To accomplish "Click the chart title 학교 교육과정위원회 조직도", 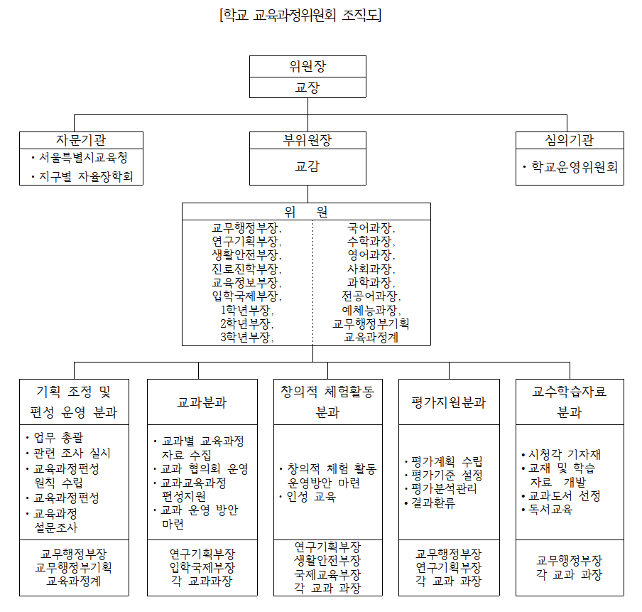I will point(301,15).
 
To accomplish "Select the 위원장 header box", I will point(308,66).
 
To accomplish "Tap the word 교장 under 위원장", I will point(308,87).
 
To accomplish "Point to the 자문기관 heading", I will point(81,139).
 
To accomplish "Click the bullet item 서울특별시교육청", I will point(83,157).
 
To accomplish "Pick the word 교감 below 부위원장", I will point(308,167).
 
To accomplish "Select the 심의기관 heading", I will point(570,139).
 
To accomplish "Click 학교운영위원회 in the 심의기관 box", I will point(574,168).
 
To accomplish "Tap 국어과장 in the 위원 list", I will point(371,229).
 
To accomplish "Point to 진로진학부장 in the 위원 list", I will point(246,269).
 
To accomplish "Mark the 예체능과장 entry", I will point(371,310).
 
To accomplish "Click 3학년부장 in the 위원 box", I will point(246,337).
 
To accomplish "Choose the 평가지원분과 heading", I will point(449,402).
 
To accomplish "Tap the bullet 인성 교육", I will point(312,496).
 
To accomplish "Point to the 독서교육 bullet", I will point(550,509).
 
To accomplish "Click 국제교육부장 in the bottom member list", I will point(327,574).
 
